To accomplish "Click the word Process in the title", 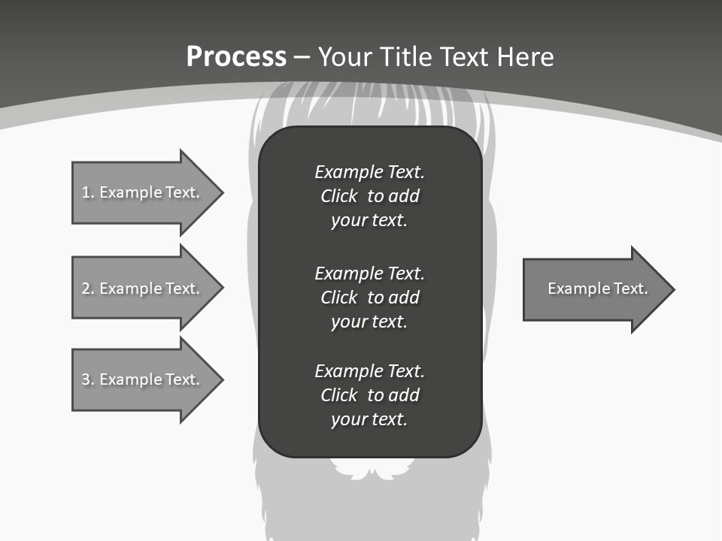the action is (236, 57).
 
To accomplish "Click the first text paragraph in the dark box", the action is (369, 196).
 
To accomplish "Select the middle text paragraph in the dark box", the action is (369, 298).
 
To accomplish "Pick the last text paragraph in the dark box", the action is (369, 395).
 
